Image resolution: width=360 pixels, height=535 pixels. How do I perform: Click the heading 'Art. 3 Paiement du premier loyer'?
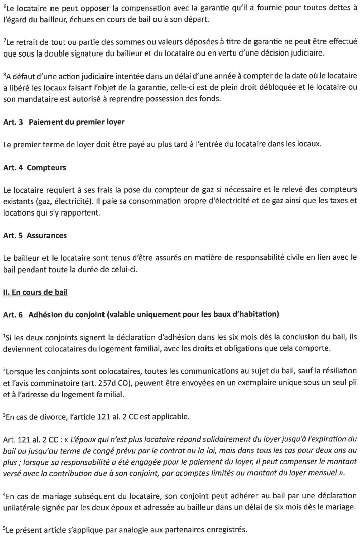(x=64, y=122)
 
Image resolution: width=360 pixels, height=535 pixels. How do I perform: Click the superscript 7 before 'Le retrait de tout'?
(x=4, y=39)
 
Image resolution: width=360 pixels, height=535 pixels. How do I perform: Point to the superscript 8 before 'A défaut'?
(x=4, y=73)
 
